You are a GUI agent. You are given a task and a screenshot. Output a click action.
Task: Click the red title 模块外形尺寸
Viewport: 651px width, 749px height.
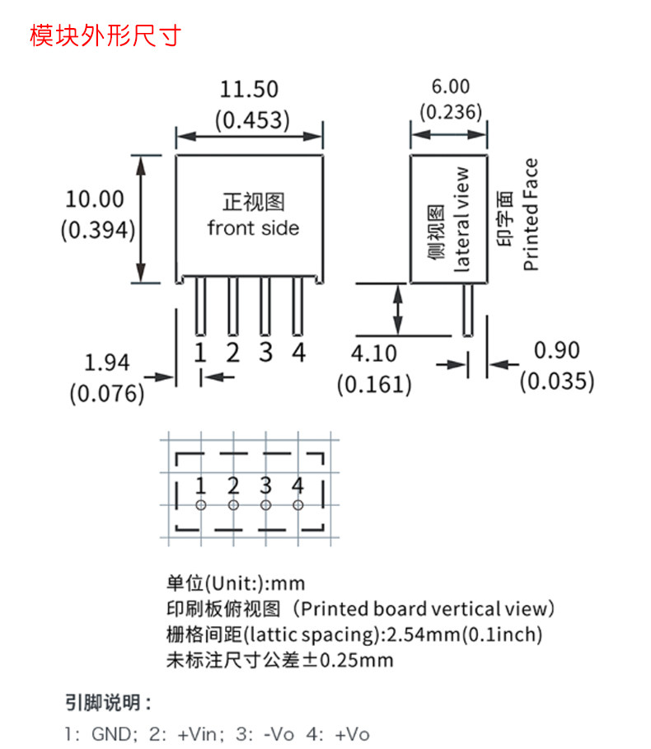point(104,36)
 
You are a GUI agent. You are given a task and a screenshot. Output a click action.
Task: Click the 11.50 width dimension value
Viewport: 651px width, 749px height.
point(249,89)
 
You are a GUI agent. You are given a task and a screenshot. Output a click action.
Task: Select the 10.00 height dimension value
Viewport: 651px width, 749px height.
point(95,199)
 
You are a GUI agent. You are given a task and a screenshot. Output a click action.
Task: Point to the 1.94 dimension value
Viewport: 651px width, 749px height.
point(107,363)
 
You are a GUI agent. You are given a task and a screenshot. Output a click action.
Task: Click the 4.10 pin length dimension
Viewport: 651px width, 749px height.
point(374,353)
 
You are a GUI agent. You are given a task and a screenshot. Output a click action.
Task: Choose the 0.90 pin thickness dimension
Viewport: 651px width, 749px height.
point(556,350)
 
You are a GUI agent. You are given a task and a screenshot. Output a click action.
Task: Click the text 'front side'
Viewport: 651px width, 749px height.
point(253,227)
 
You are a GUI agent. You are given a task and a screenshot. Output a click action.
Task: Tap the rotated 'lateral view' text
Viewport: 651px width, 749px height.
point(462,219)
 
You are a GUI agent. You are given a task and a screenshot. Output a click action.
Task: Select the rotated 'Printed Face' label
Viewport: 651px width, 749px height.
point(531,214)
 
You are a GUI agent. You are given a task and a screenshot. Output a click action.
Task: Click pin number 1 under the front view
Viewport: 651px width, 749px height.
point(199,353)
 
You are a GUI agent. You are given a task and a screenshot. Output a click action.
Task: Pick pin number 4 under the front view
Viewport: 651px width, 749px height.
point(299,353)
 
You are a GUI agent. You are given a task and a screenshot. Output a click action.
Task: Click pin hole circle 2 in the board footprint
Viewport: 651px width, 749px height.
point(233,504)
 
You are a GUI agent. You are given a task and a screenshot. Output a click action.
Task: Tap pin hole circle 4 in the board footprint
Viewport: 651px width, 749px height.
point(298,504)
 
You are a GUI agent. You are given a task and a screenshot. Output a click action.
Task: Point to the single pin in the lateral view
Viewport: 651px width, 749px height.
point(468,310)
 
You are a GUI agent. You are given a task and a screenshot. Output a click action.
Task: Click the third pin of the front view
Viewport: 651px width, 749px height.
point(265,307)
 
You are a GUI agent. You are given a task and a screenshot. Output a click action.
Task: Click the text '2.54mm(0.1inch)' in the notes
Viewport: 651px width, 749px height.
point(465,634)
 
